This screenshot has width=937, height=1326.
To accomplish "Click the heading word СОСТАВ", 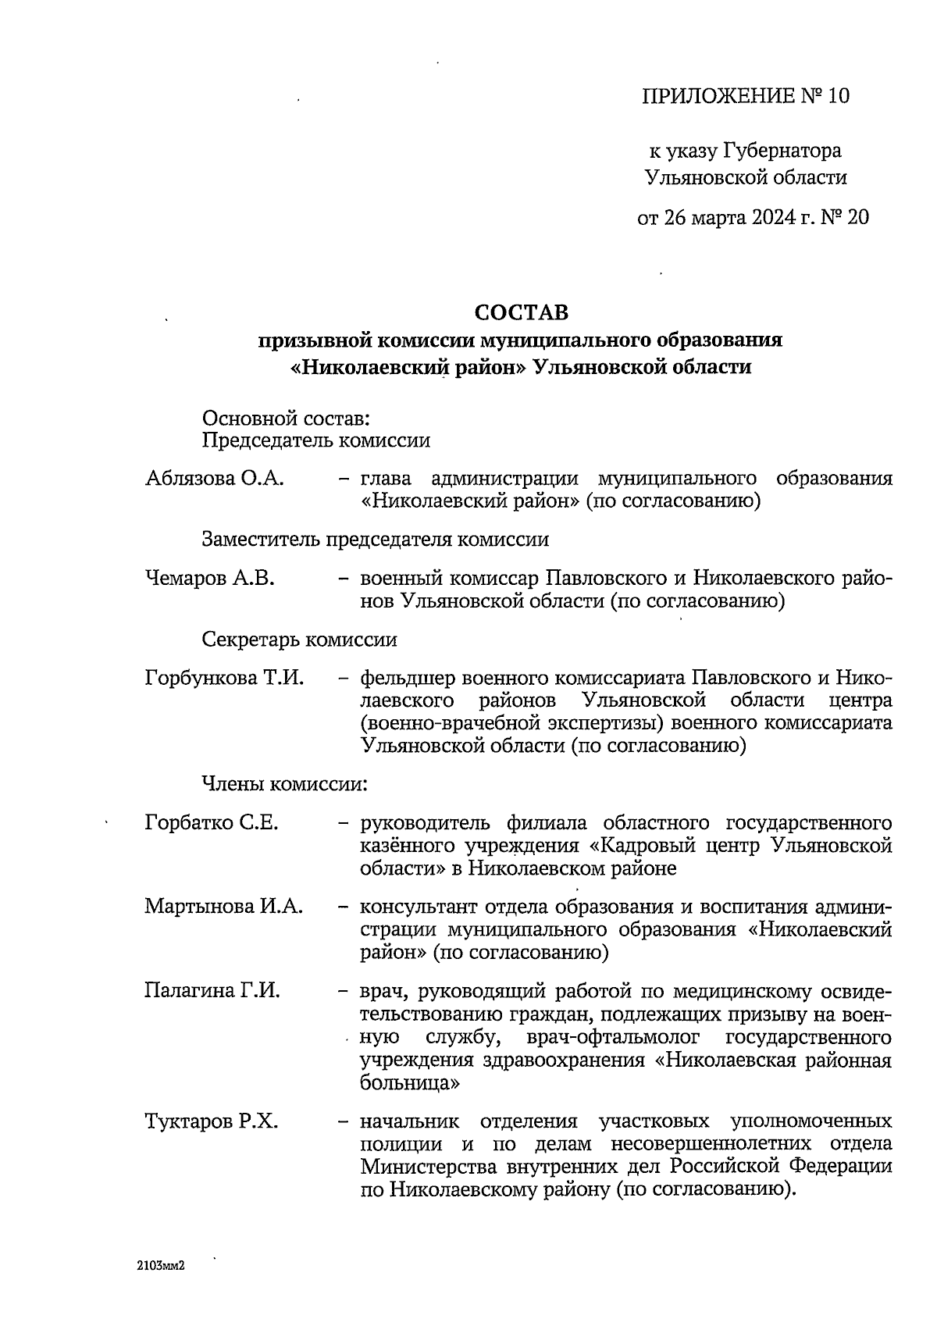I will [522, 312].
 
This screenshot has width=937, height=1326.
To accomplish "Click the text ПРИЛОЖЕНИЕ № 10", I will [745, 96].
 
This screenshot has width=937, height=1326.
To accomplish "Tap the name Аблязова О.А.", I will [214, 478].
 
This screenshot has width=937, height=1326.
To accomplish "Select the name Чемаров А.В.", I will [210, 579].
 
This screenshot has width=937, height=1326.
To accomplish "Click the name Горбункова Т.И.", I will [224, 678].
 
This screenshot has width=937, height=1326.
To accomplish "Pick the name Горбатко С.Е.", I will [212, 822].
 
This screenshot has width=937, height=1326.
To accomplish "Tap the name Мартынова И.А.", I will [224, 907].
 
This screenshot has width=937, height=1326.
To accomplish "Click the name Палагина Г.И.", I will [212, 991].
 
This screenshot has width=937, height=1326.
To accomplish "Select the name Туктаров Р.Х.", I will [212, 1122].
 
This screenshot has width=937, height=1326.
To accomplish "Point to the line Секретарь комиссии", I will [299, 640].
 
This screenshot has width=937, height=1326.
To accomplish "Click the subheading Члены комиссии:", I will [284, 783].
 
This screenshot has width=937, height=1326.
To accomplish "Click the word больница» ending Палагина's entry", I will [409, 1084].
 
